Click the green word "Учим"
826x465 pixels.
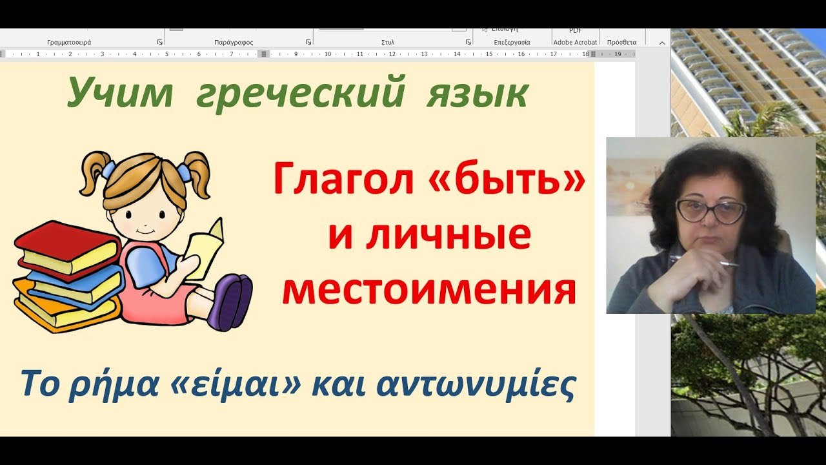tap(120, 93)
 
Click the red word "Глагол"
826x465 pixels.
tap(343, 180)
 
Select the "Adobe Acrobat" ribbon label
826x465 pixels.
tap(575, 42)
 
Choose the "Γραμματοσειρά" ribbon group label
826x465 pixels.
tap(69, 42)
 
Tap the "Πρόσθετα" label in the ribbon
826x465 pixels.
tap(621, 42)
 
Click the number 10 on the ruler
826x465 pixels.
tap(328, 54)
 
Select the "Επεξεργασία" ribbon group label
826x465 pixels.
tap(512, 42)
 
